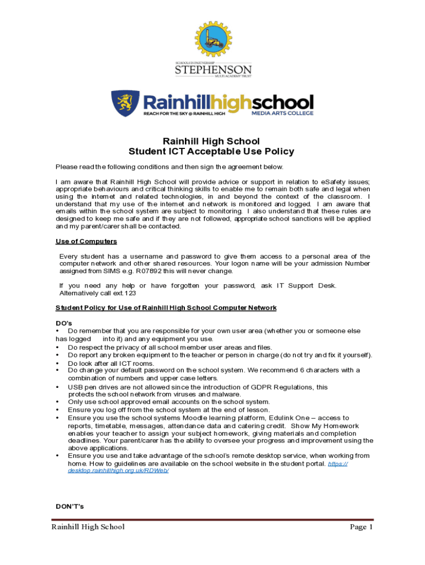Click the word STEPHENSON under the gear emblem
pyautogui.click(x=213, y=71)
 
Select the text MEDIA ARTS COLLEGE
pyautogui.click(x=282, y=113)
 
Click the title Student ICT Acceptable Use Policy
pyautogui.click(x=211, y=152)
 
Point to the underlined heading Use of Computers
pyautogui.click(x=86, y=241)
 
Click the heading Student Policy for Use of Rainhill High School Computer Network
pyautogui.click(x=166, y=307)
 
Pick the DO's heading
pyautogui.click(x=64, y=323)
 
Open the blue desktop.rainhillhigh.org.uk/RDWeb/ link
pyautogui.click(x=114, y=472)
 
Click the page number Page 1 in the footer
pyautogui.click(x=362, y=527)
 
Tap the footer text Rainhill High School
pyautogui.click(x=88, y=527)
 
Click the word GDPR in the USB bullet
pyautogui.click(x=259, y=387)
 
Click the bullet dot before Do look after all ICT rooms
pyautogui.click(x=57, y=364)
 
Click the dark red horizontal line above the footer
pyautogui.click(x=212, y=519)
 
